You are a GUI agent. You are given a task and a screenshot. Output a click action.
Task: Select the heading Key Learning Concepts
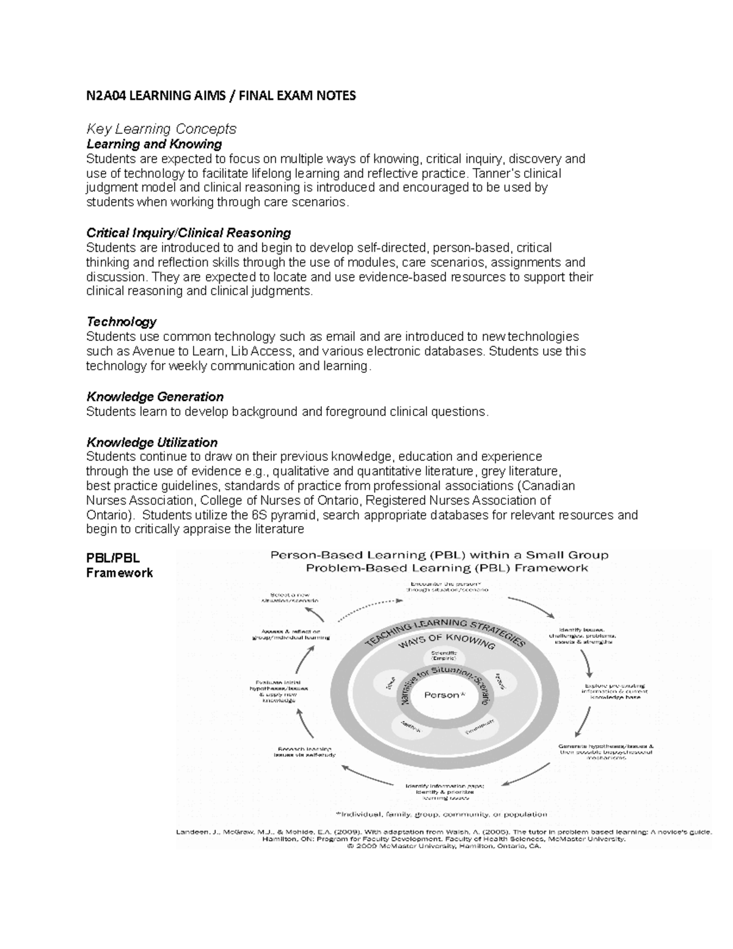pyautogui.click(x=161, y=129)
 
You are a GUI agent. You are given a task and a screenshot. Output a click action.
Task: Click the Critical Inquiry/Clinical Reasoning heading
pyautogui.click(x=188, y=233)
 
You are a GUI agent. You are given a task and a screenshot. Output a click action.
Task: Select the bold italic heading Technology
pyautogui.click(x=121, y=321)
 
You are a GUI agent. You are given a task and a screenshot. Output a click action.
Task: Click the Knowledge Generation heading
pyautogui.click(x=155, y=397)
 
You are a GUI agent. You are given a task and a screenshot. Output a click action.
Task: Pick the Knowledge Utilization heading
pyautogui.click(x=151, y=442)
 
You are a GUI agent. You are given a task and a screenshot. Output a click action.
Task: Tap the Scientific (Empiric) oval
pyautogui.click(x=440, y=656)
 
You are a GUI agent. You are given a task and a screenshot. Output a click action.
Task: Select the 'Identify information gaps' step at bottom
pyautogui.click(x=444, y=791)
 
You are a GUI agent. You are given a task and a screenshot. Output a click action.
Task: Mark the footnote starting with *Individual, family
pyautogui.click(x=441, y=815)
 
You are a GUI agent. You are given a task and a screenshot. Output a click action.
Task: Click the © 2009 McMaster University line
pyautogui.click(x=443, y=847)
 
